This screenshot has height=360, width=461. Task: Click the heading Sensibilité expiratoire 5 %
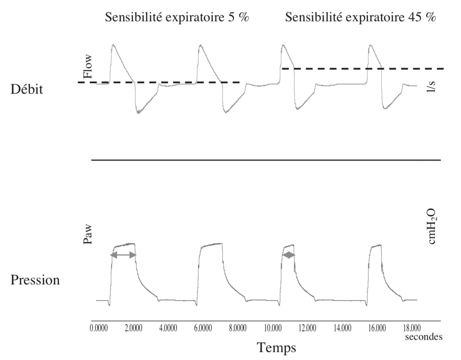click(x=177, y=18)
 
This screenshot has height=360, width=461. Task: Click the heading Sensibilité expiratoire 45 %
click(x=361, y=18)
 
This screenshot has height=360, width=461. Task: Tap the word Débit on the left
click(x=27, y=89)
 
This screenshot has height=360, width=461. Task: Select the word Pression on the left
click(x=35, y=280)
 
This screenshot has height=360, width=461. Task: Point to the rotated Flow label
click(x=88, y=66)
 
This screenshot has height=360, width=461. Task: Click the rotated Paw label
click(x=88, y=234)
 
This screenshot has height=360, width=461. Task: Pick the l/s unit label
click(x=431, y=86)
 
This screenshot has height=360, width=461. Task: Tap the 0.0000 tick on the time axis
click(x=99, y=328)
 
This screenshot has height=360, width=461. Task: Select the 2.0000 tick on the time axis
click(x=133, y=328)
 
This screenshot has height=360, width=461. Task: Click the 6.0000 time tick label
click(x=203, y=328)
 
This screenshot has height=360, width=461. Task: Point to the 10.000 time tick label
click(x=272, y=328)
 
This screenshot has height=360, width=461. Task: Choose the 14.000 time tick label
click(x=342, y=328)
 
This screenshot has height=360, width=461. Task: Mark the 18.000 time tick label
click(x=411, y=328)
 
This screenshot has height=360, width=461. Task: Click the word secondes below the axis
click(x=424, y=337)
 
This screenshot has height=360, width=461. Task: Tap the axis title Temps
click(x=276, y=347)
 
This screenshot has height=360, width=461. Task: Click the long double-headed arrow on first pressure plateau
click(x=123, y=255)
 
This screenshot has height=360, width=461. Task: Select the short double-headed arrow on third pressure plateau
click(x=289, y=255)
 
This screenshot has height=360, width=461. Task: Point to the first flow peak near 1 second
click(x=113, y=45)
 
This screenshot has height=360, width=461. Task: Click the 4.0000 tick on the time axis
click(x=168, y=328)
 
